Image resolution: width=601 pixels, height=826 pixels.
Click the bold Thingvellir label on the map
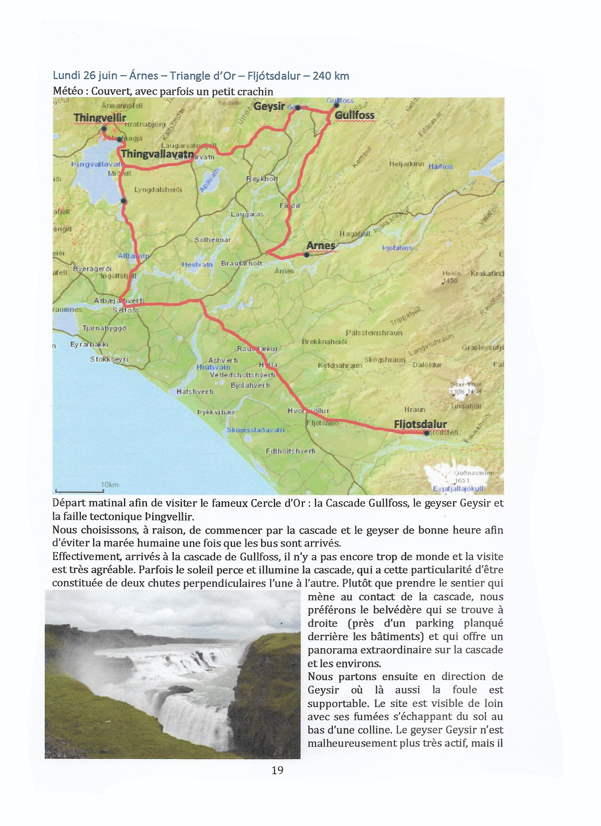(100, 118)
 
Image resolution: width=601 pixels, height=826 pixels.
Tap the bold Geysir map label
(269, 106)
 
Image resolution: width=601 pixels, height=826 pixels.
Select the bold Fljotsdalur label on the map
(420, 424)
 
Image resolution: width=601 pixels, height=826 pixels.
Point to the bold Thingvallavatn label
(157, 154)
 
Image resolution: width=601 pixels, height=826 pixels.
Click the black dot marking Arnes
(307, 255)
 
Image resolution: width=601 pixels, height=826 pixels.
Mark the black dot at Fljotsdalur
(426, 433)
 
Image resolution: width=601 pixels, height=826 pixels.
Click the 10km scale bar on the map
(79, 490)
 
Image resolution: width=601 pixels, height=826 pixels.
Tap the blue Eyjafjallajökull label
(458, 488)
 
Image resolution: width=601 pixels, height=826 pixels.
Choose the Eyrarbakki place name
(89, 344)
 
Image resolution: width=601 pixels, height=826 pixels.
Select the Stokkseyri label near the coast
(109, 359)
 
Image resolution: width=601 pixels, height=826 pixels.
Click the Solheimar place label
(213, 240)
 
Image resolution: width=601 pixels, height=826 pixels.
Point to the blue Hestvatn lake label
(197, 264)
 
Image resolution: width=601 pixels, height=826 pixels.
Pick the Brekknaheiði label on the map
(325, 342)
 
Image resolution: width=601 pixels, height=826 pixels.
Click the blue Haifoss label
(441, 166)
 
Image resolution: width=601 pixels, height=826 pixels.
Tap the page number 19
(277, 770)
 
